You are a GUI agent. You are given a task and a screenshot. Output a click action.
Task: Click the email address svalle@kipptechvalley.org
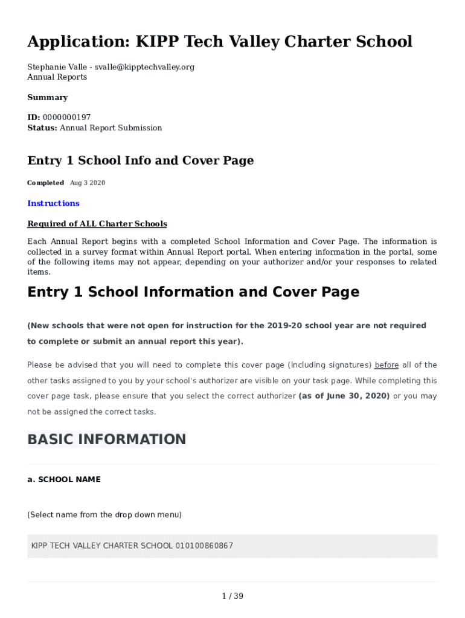point(144,67)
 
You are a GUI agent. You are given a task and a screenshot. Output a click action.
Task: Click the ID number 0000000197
point(66,117)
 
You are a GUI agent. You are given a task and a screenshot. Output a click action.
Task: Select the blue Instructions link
point(53,203)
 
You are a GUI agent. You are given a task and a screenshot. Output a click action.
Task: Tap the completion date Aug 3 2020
point(88,183)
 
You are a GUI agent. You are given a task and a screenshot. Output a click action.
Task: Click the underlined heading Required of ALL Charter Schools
point(97,224)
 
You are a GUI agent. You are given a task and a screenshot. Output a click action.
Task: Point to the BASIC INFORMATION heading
point(107,439)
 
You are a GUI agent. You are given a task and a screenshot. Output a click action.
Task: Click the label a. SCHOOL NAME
point(64,480)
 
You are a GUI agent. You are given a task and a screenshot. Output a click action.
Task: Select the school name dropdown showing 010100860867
point(232,546)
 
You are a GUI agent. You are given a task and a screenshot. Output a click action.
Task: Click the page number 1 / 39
point(232,596)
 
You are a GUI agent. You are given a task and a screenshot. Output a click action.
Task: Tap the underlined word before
point(386,365)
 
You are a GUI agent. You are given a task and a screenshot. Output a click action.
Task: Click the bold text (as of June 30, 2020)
point(344,397)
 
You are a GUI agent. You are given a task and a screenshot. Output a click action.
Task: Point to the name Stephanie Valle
point(57,67)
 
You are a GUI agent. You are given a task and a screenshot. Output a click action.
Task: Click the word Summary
point(48,97)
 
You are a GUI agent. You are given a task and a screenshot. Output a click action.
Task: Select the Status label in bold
point(42,128)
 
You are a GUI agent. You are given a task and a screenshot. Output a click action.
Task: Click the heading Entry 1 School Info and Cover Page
point(141,161)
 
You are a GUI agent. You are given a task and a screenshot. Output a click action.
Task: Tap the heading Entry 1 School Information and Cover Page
point(193,292)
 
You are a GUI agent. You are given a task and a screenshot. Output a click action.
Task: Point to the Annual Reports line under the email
point(57,77)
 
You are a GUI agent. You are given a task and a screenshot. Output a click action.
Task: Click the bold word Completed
point(45,183)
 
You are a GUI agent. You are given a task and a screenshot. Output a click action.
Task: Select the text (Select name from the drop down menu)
point(104,515)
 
